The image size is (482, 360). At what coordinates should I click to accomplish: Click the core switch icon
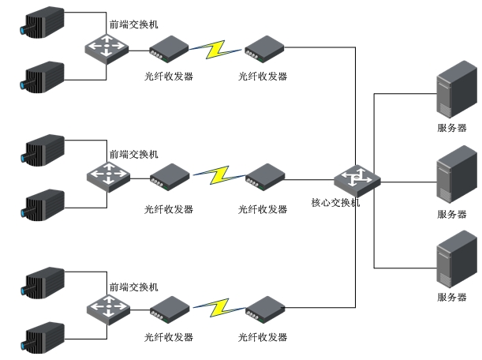[357, 181]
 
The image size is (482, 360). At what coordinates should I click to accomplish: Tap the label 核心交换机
[335, 203]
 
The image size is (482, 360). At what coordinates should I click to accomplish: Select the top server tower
[451, 93]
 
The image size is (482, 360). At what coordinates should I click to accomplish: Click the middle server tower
[451, 180]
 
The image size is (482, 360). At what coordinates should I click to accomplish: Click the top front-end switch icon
[106, 47]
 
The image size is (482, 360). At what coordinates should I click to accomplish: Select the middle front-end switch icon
[106, 175]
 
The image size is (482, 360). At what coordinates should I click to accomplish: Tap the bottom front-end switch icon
[106, 308]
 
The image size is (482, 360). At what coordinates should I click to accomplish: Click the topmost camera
[43, 21]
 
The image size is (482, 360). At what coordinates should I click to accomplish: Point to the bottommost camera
[43, 337]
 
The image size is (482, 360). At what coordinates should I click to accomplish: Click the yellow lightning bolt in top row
[215, 49]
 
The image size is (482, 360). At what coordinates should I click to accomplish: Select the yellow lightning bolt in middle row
[215, 175]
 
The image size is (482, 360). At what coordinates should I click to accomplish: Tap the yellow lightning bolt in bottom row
[215, 306]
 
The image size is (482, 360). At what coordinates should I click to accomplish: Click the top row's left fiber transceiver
[167, 49]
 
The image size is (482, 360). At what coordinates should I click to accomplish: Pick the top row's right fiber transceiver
[262, 49]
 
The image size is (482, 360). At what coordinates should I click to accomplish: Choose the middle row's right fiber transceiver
[262, 176]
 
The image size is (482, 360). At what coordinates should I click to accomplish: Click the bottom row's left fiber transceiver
[167, 309]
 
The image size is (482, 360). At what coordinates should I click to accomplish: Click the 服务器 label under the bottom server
[451, 297]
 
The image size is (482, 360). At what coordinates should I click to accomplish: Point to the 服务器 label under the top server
[451, 128]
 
